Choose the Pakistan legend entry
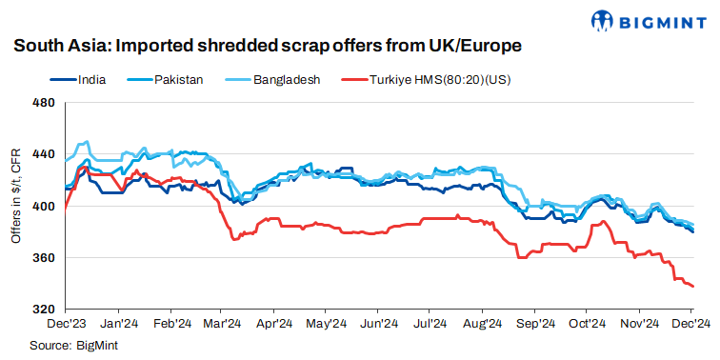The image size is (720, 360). pyautogui.click(x=178, y=80)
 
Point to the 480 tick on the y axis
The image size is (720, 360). pyautogui.click(x=44, y=103)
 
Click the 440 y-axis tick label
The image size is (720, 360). pyautogui.click(x=44, y=154)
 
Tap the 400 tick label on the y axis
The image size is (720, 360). pyautogui.click(x=44, y=207)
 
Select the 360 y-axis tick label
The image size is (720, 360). pyautogui.click(x=44, y=258)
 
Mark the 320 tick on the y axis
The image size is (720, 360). pyautogui.click(x=44, y=310)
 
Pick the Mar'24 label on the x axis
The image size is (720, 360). pyautogui.click(x=221, y=324)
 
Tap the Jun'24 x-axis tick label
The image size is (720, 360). pyautogui.click(x=378, y=324)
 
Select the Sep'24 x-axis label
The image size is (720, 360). pyautogui.click(x=534, y=324)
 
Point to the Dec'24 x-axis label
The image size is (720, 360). pyautogui.click(x=690, y=324)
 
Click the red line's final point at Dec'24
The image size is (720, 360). pyautogui.click(x=692, y=286)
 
